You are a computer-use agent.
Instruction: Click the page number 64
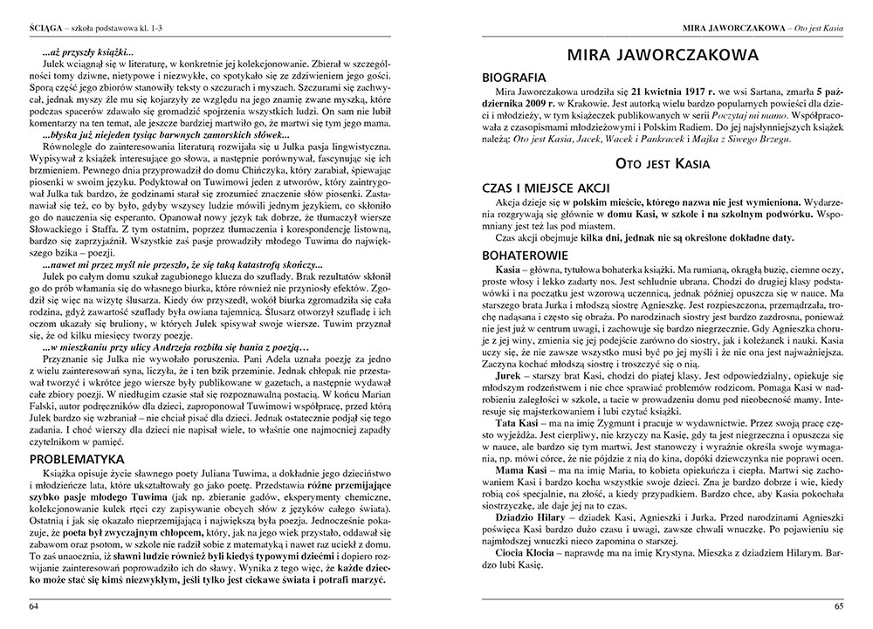[34, 606]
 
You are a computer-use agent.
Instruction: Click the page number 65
[839, 606]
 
